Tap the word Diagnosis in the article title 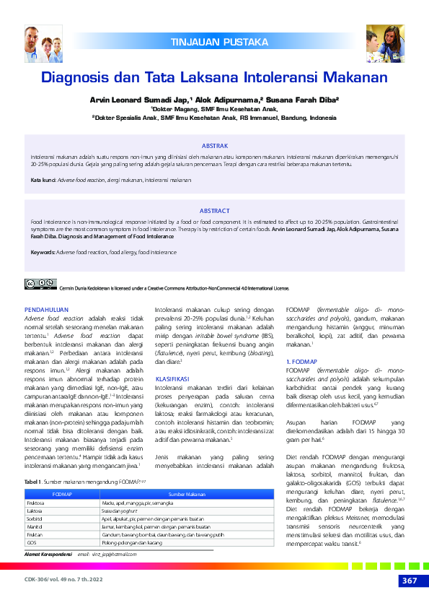[77, 77]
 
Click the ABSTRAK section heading [214, 145]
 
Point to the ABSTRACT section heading [214, 210]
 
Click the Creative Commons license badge [40, 284]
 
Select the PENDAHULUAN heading [48, 309]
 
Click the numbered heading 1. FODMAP [302, 361]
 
